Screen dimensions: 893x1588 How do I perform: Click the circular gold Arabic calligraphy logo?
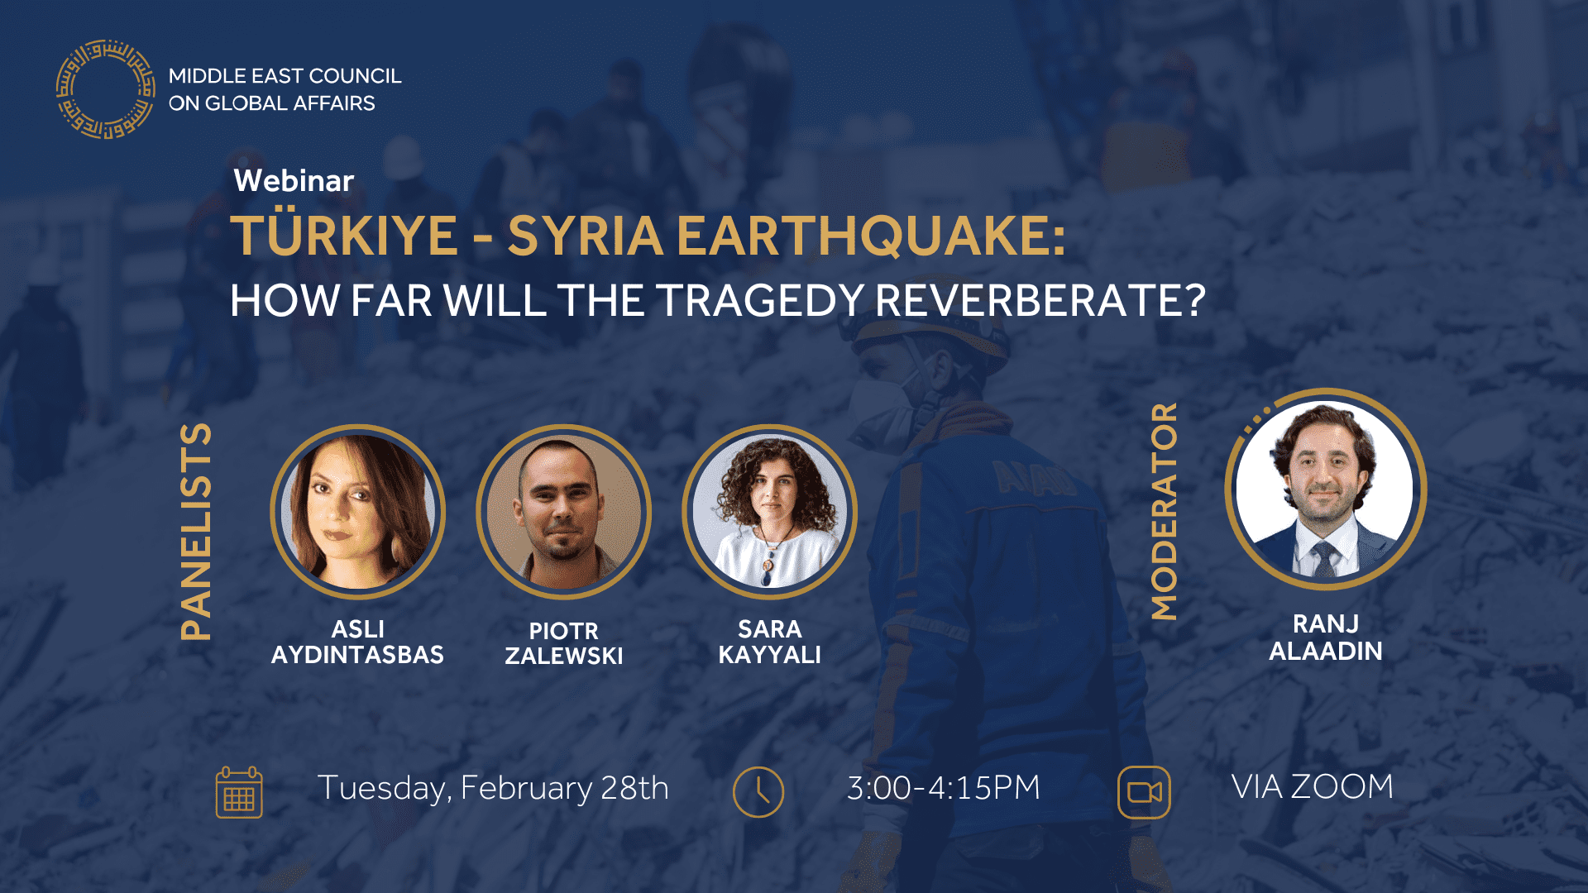(x=105, y=89)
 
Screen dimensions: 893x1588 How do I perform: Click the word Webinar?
(x=294, y=180)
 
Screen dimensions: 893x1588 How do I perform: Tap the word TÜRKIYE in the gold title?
(x=343, y=236)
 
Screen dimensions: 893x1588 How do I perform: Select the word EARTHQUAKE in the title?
(x=870, y=236)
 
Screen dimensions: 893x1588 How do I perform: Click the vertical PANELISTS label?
(x=197, y=532)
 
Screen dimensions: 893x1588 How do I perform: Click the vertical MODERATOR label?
(x=1164, y=511)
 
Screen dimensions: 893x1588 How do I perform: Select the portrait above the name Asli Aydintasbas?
(x=357, y=512)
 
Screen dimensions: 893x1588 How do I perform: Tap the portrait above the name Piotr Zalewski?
(x=563, y=512)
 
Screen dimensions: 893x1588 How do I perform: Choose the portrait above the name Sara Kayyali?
(x=769, y=512)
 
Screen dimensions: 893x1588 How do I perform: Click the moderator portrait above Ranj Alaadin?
(x=1325, y=489)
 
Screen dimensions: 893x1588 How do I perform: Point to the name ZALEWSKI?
(x=563, y=656)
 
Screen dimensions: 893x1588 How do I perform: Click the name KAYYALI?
(x=769, y=655)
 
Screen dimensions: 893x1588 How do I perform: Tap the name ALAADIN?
(x=1325, y=652)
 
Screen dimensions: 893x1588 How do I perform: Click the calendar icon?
(x=239, y=792)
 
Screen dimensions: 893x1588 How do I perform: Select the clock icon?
(x=758, y=792)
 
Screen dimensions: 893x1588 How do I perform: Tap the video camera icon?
(x=1144, y=792)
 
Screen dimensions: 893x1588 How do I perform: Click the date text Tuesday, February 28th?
(x=493, y=788)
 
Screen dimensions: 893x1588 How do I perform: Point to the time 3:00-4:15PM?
(x=943, y=788)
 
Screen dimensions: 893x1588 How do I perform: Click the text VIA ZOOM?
(x=1312, y=786)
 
